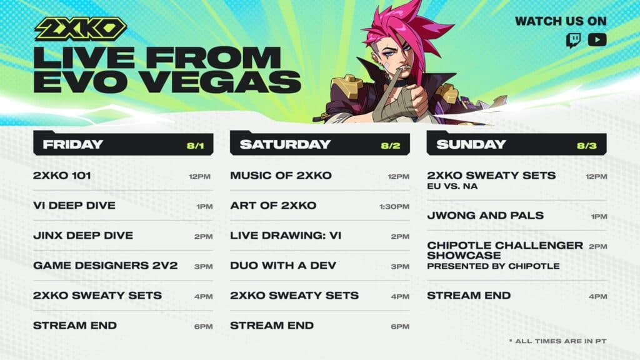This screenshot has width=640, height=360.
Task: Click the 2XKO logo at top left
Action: (80, 29)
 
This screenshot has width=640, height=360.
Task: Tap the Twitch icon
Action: (572, 40)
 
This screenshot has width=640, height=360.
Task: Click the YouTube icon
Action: (597, 40)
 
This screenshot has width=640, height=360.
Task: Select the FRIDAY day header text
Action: (72, 144)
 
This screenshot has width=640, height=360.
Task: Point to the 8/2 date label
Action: (391, 146)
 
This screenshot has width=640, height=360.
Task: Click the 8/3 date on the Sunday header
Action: (587, 146)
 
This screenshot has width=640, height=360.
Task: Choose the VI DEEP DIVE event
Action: (74, 206)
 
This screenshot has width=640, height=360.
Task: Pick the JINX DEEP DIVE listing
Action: (82, 236)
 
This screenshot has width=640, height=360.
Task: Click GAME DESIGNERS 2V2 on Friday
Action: (105, 266)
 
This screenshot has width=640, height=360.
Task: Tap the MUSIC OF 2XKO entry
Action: (281, 176)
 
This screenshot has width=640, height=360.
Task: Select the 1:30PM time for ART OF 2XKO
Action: (394, 206)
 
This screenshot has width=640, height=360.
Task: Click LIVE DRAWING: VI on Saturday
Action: (286, 236)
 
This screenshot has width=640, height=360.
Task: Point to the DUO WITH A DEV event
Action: (283, 266)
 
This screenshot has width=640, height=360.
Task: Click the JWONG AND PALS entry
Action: (485, 216)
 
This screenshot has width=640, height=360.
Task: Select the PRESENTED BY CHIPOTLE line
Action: (493, 266)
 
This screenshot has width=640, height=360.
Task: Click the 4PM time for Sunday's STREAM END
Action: (597, 296)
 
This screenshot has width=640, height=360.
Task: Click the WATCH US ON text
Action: (561, 21)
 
